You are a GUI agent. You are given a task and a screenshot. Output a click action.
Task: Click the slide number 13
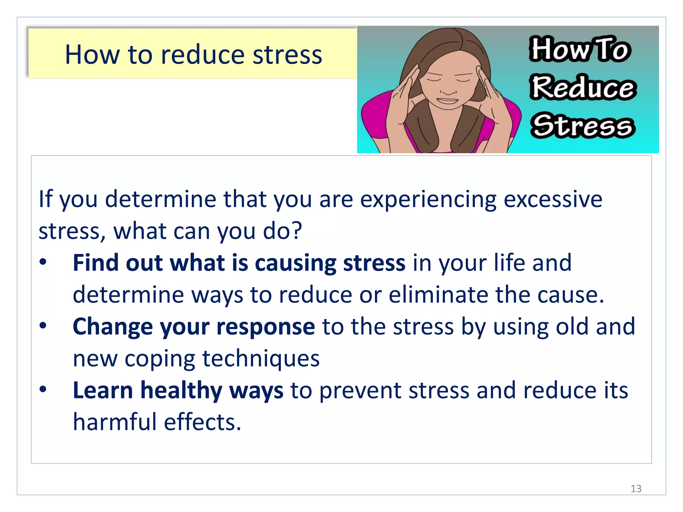636,489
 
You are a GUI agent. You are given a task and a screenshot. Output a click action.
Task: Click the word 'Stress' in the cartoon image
583,126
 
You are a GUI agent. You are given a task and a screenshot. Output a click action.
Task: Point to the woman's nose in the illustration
448,89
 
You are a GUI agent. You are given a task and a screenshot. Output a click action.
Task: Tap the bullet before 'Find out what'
43,262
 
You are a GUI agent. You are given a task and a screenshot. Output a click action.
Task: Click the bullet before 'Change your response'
43,326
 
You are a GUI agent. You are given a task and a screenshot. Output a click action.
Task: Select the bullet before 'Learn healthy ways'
43,389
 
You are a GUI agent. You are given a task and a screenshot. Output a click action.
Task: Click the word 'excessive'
553,199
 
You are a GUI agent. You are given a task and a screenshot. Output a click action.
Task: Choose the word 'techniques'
261,359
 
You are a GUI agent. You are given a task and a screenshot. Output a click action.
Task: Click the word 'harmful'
115,422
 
